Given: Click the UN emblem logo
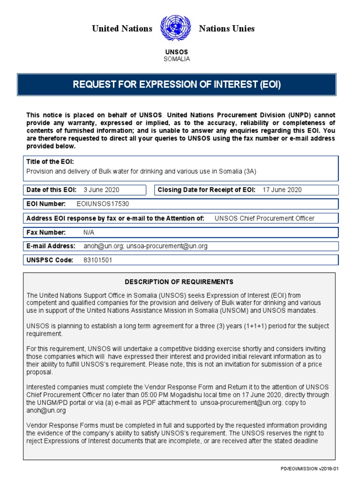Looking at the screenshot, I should (176, 29).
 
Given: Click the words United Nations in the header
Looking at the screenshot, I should (122, 29).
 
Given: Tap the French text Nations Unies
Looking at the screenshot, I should (227, 29).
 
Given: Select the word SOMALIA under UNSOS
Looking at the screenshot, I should (177, 59).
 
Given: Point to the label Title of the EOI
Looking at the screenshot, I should (50, 162).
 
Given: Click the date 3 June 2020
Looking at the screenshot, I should (101, 190).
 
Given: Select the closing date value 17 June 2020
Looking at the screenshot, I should (283, 190).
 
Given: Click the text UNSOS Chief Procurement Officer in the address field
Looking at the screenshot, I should (264, 218).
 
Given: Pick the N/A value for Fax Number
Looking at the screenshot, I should (89, 232).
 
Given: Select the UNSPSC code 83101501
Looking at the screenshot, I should (97, 260).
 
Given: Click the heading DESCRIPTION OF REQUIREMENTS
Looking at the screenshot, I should (179, 282).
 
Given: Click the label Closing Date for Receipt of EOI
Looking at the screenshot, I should (207, 190).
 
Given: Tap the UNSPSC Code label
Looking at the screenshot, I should (50, 260).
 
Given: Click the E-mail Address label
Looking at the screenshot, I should (51, 246).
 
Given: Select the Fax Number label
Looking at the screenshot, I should (46, 232).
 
